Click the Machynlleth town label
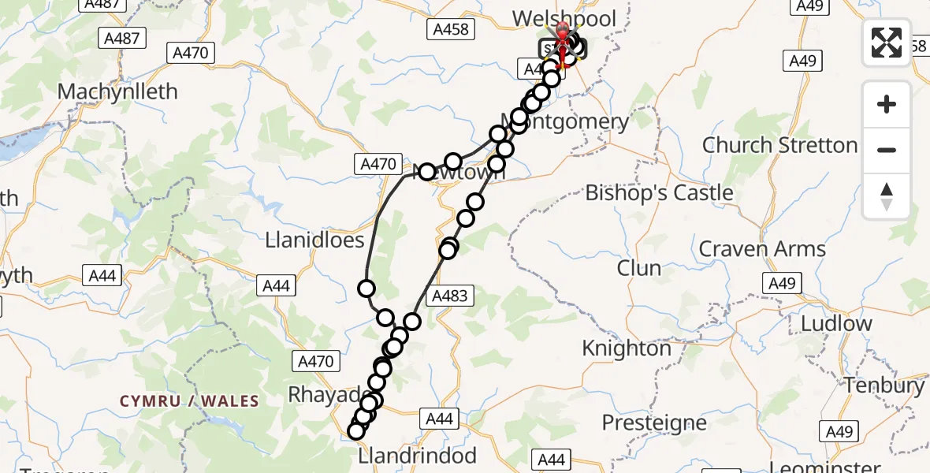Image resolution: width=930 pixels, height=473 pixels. pyautogui.click(x=117, y=91)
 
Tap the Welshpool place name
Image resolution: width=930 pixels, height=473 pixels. pyautogui.click(x=564, y=19)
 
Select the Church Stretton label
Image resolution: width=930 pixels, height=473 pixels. pyautogui.click(x=779, y=145)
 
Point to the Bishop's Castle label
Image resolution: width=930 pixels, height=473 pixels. pyautogui.click(x=659, y=193)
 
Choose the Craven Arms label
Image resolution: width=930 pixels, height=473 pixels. pyautogui.click(x=762, y=249)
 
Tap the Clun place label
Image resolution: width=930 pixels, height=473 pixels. pyautogui.click(x=639, y=268)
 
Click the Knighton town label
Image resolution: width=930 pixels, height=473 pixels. pyautogui.click(x=627, y=348)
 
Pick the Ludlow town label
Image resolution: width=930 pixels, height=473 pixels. pyautogui.click(x=836, y=323)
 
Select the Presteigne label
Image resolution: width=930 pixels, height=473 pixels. pyautogui.click(x=654, y=423)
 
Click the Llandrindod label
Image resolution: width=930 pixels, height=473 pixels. pyautogui.click(x=417, y=456)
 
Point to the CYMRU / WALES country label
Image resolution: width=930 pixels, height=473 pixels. pyautogui.click(x=189, y=401)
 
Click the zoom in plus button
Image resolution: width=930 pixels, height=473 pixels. pyautogui.click(x=887, y=104)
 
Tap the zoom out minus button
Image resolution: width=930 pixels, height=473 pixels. pyautogui.click(x=887, y=150)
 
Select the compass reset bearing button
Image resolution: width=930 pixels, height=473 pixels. pyautogui.click(x=887, y=196)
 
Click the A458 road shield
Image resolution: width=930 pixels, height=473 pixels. pyautogui.click(x=451, y=30)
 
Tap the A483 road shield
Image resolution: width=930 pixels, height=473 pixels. pyautogui.click(x=450, y=296)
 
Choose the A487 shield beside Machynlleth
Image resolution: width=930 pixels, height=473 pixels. pyautogui.click(x=121, y=38)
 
